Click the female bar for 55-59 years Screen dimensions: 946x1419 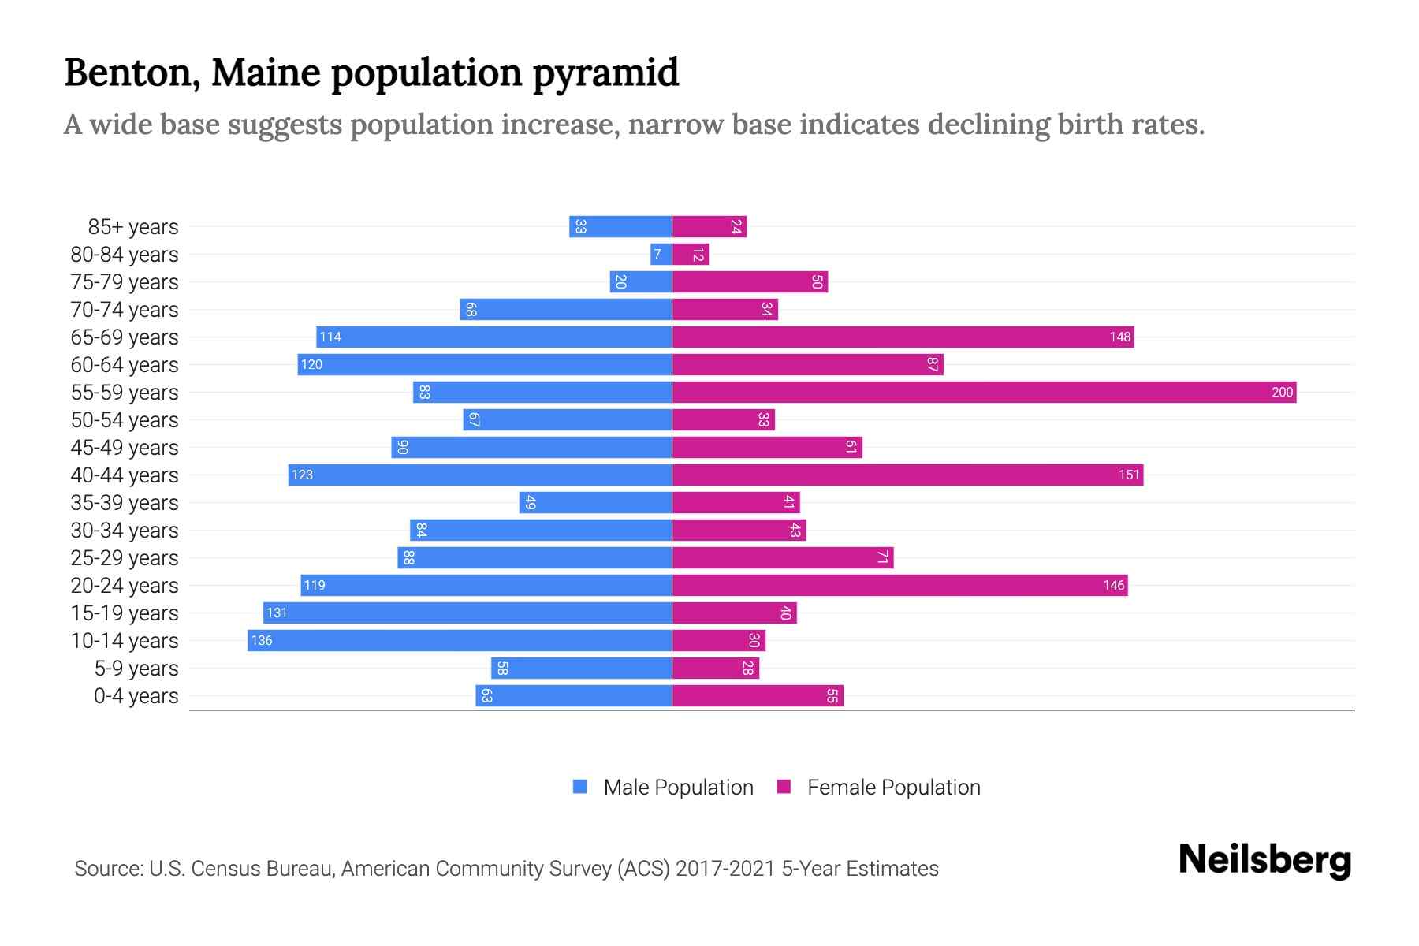pos(984,392)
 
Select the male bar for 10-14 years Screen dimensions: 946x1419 pos(460,640)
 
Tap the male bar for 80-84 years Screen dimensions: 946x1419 pos(661,254)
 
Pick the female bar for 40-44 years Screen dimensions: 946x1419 pos(907,475)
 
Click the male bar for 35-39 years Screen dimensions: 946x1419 pos(595,502)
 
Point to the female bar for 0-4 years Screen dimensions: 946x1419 pos(758,695)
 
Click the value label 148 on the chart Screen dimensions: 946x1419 pos(1119,337)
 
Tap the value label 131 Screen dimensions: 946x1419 pos(277,613)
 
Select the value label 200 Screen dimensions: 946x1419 pos(1282,392)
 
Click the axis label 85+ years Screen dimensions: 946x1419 pos(132,227)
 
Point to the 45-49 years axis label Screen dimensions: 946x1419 pos(125,448)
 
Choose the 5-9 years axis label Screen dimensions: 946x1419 pos(136,669)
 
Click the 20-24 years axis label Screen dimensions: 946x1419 pos(125,586)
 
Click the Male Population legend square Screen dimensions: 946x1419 pos(580,787)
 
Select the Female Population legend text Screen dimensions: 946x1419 pos(893,788)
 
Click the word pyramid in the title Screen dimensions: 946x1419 pos(605,73)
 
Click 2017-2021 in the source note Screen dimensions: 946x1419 pos(725,869)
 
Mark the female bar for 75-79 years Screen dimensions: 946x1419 pos(750,281)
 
